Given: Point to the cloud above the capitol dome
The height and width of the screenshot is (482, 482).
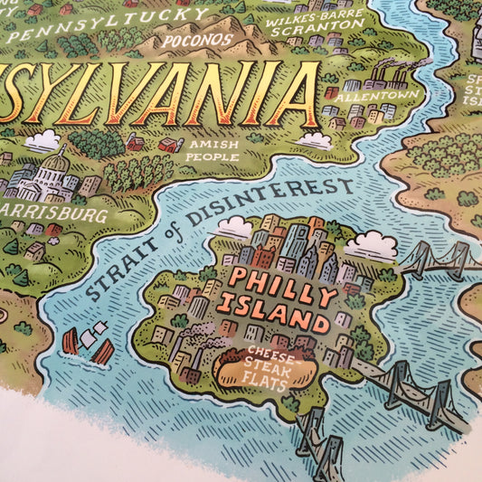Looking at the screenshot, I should tap(43, 140).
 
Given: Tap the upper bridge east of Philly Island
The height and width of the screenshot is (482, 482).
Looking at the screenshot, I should tap(439, 260).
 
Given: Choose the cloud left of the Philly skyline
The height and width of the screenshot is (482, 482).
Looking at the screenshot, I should tap(234, 227).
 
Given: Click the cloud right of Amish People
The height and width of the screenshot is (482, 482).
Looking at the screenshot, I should tap(316, 140).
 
